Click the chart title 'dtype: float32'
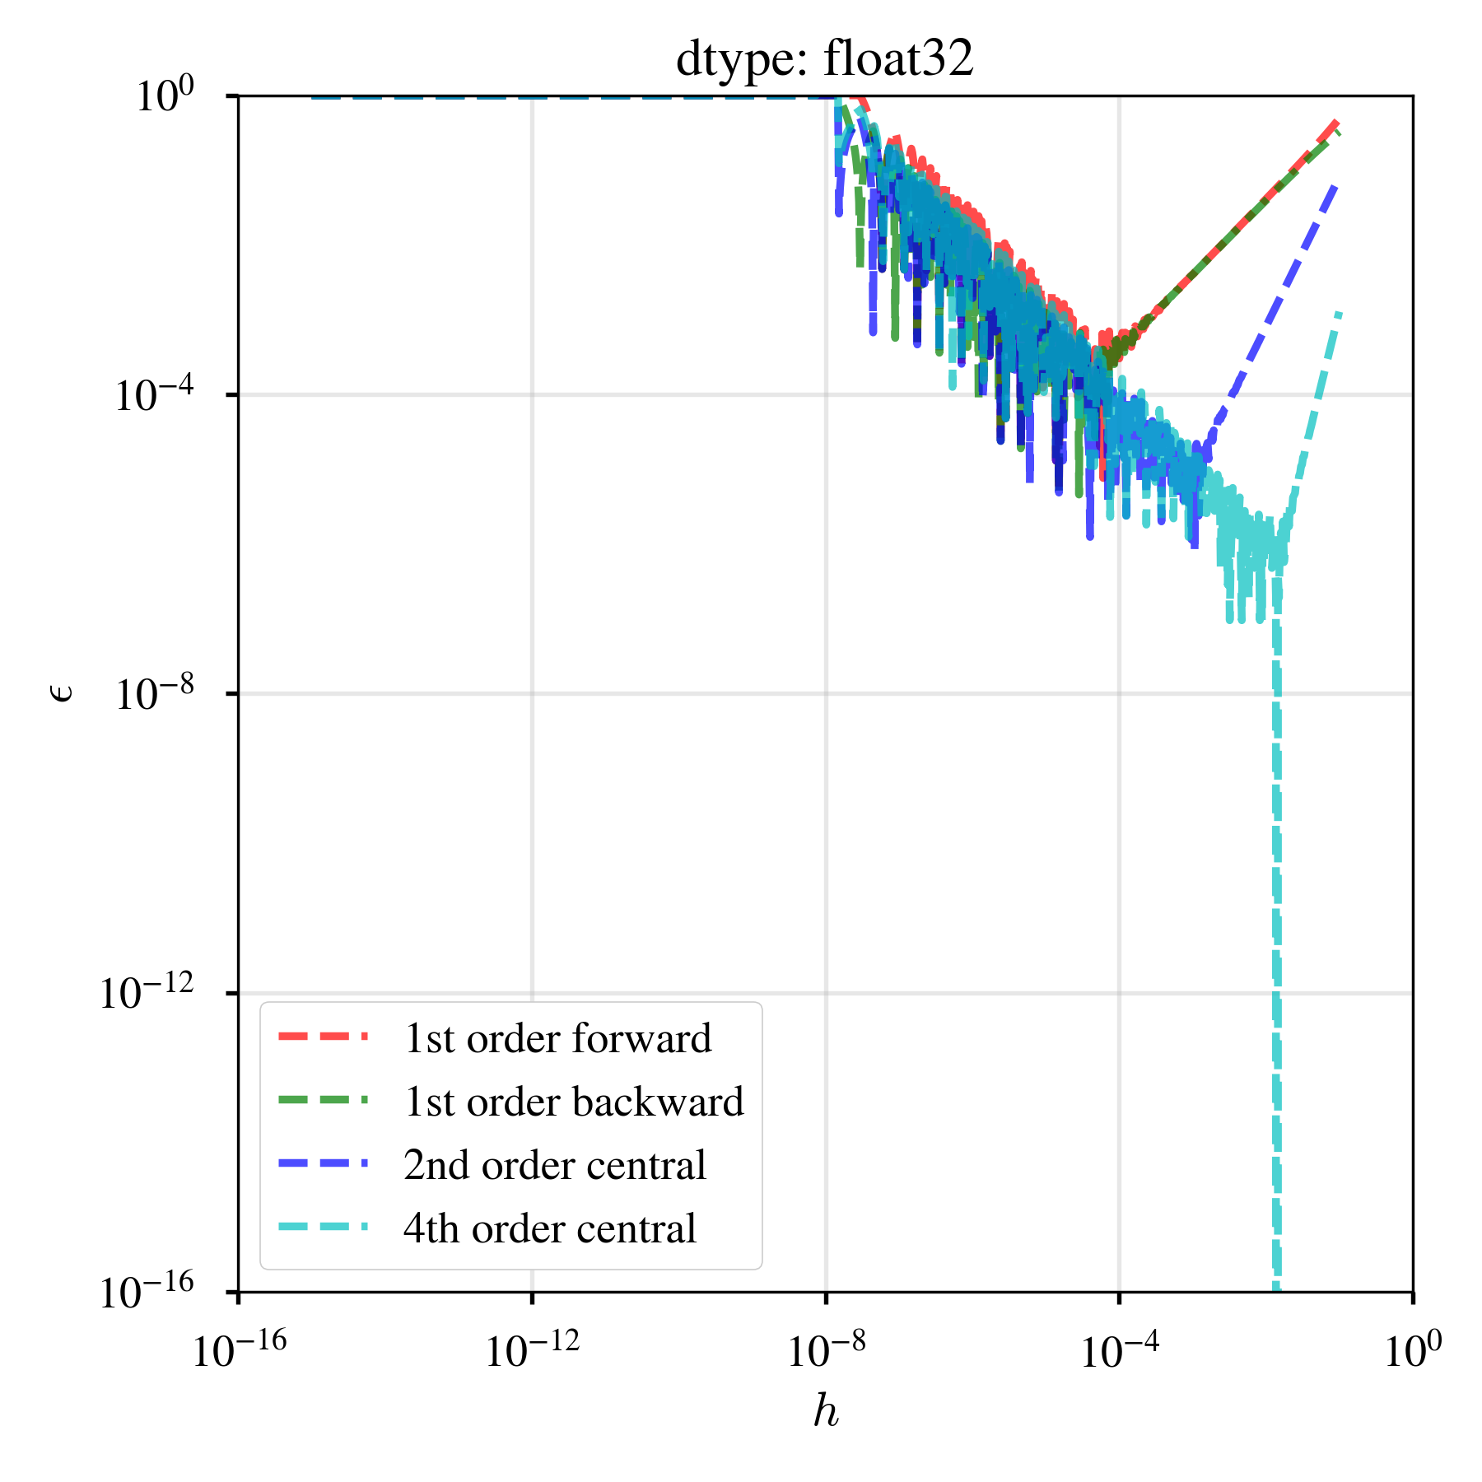(824, 59)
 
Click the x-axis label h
(826, 1411)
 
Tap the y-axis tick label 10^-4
(154, 395)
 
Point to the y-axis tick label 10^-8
(154, 694)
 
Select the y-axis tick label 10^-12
(147, 993)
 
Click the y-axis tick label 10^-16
(147, 1292)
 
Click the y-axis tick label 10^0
(165, 96)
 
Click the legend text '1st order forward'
(557, 1038)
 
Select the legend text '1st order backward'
(573, 1102)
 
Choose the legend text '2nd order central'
(555, 1165)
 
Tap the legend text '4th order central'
(550, 1228)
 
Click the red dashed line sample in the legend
(323, 1037)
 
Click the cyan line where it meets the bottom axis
(1276, 1288)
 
